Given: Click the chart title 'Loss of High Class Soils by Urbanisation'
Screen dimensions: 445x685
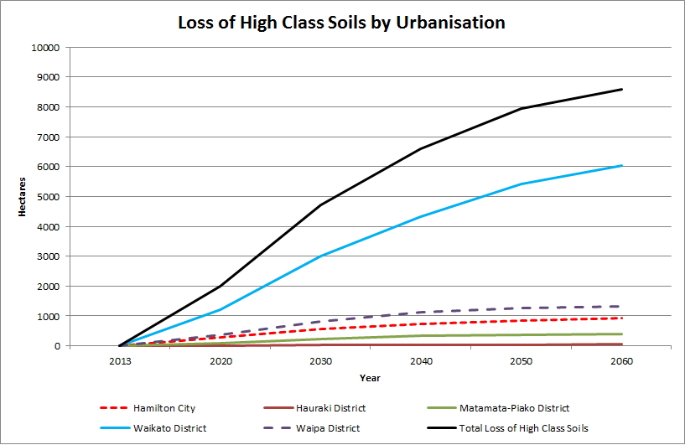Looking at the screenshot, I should [x=342, y=23].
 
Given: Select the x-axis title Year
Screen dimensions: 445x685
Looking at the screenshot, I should [x=371, y=378].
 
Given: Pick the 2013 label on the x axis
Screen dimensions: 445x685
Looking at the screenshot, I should [x=120, y=361].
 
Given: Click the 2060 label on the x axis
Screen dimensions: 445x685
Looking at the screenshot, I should [x=621, y=361].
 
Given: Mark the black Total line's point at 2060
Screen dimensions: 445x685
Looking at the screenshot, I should [x=621, y=90].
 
